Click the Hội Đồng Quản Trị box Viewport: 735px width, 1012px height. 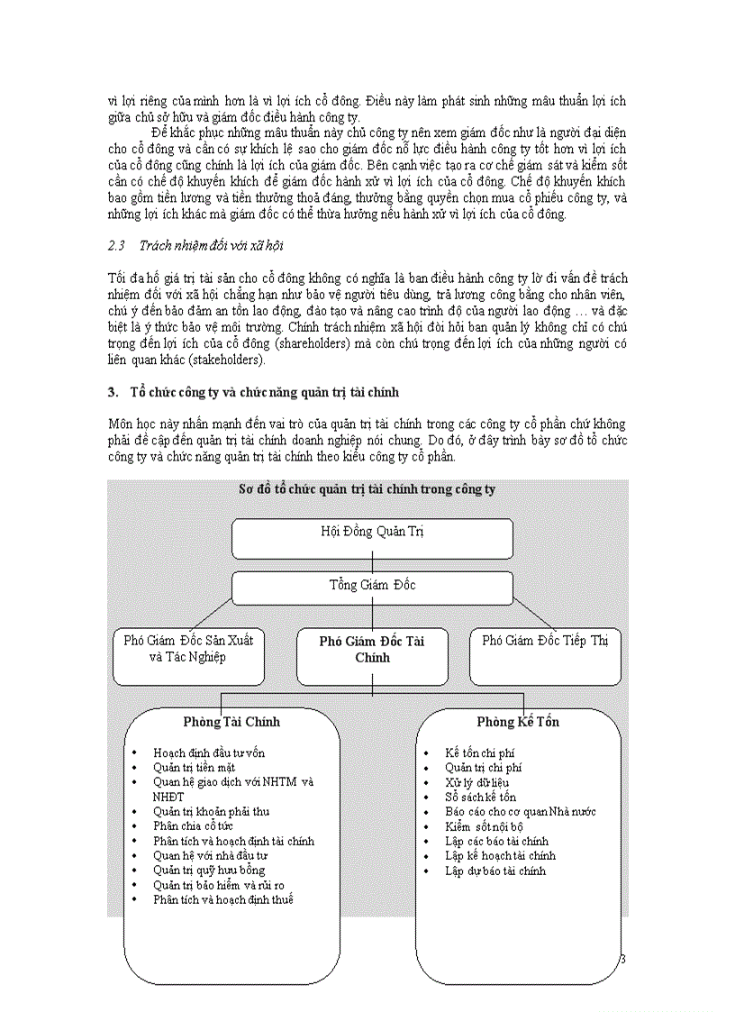372,538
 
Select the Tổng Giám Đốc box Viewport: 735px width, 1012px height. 372,587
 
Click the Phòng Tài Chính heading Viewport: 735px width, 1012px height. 231,722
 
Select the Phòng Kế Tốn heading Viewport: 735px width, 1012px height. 518,723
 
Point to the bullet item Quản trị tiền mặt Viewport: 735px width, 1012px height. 194,768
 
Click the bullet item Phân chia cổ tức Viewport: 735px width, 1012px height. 193,826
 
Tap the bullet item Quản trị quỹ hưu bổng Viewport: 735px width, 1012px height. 209,871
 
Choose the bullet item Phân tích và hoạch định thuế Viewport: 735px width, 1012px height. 222,899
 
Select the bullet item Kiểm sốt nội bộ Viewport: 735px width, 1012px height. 484,826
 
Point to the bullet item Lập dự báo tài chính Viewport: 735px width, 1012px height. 495,871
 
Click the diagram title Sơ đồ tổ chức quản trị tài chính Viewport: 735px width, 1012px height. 367,489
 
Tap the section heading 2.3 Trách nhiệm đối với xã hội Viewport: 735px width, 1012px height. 195,246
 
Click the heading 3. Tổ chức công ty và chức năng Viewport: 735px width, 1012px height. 252,393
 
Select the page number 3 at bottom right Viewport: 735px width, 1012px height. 622,959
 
